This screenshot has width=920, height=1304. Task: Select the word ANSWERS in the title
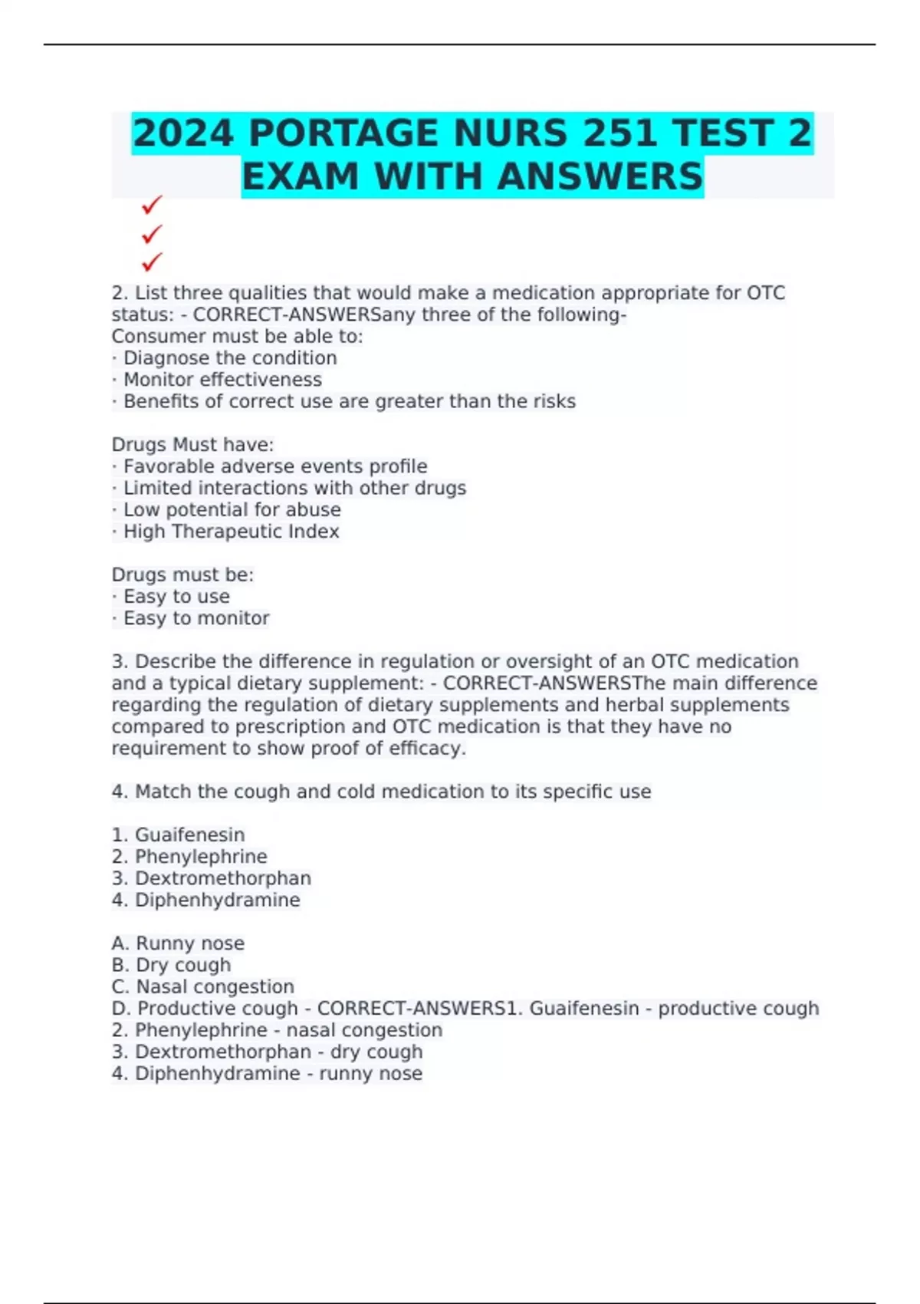click(600, 176)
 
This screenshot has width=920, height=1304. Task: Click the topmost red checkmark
click(152, 205)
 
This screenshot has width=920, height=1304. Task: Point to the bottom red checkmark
click(152, 262)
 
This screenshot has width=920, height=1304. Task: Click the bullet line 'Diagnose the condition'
click(229, 358)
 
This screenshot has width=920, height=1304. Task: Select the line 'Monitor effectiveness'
click(222, 380)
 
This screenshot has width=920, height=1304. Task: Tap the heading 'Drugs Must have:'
click(192, 445)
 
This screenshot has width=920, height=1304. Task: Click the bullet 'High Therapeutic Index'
click(231, 532)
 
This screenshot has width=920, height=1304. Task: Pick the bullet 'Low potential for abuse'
click(232, 510)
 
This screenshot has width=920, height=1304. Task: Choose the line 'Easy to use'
click(176, 597)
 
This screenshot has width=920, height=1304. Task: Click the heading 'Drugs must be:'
click(182, 575)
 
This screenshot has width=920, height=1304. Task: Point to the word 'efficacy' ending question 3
click(433, 749)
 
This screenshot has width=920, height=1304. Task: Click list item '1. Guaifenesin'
click(178, 835)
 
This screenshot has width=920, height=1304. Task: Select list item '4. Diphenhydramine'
click(205, 900)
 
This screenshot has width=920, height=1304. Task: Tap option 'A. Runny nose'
click(178, 943)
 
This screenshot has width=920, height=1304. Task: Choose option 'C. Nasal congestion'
click(202, 986)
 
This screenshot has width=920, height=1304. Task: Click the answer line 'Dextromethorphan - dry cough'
click(267, 1052)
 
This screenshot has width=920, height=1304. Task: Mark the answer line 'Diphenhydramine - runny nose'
click(267, 1073)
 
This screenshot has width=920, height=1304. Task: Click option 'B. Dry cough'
click(171, 965)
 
